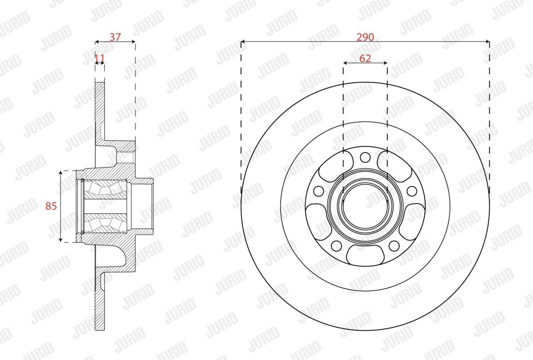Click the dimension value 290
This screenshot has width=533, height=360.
(365, 37)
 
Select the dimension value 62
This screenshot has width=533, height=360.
(365, 58)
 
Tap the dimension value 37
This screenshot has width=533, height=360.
(115, 37)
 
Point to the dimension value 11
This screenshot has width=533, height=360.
(100, 58)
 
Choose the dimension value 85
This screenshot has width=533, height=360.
(51, 206)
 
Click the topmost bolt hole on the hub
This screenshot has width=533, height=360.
(365, 157)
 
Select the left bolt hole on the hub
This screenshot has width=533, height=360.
(319, 191)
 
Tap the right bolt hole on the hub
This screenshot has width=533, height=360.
(412, 191)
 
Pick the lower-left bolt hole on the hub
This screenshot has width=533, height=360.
(337, 246)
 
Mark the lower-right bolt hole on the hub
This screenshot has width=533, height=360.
(394, 246)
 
